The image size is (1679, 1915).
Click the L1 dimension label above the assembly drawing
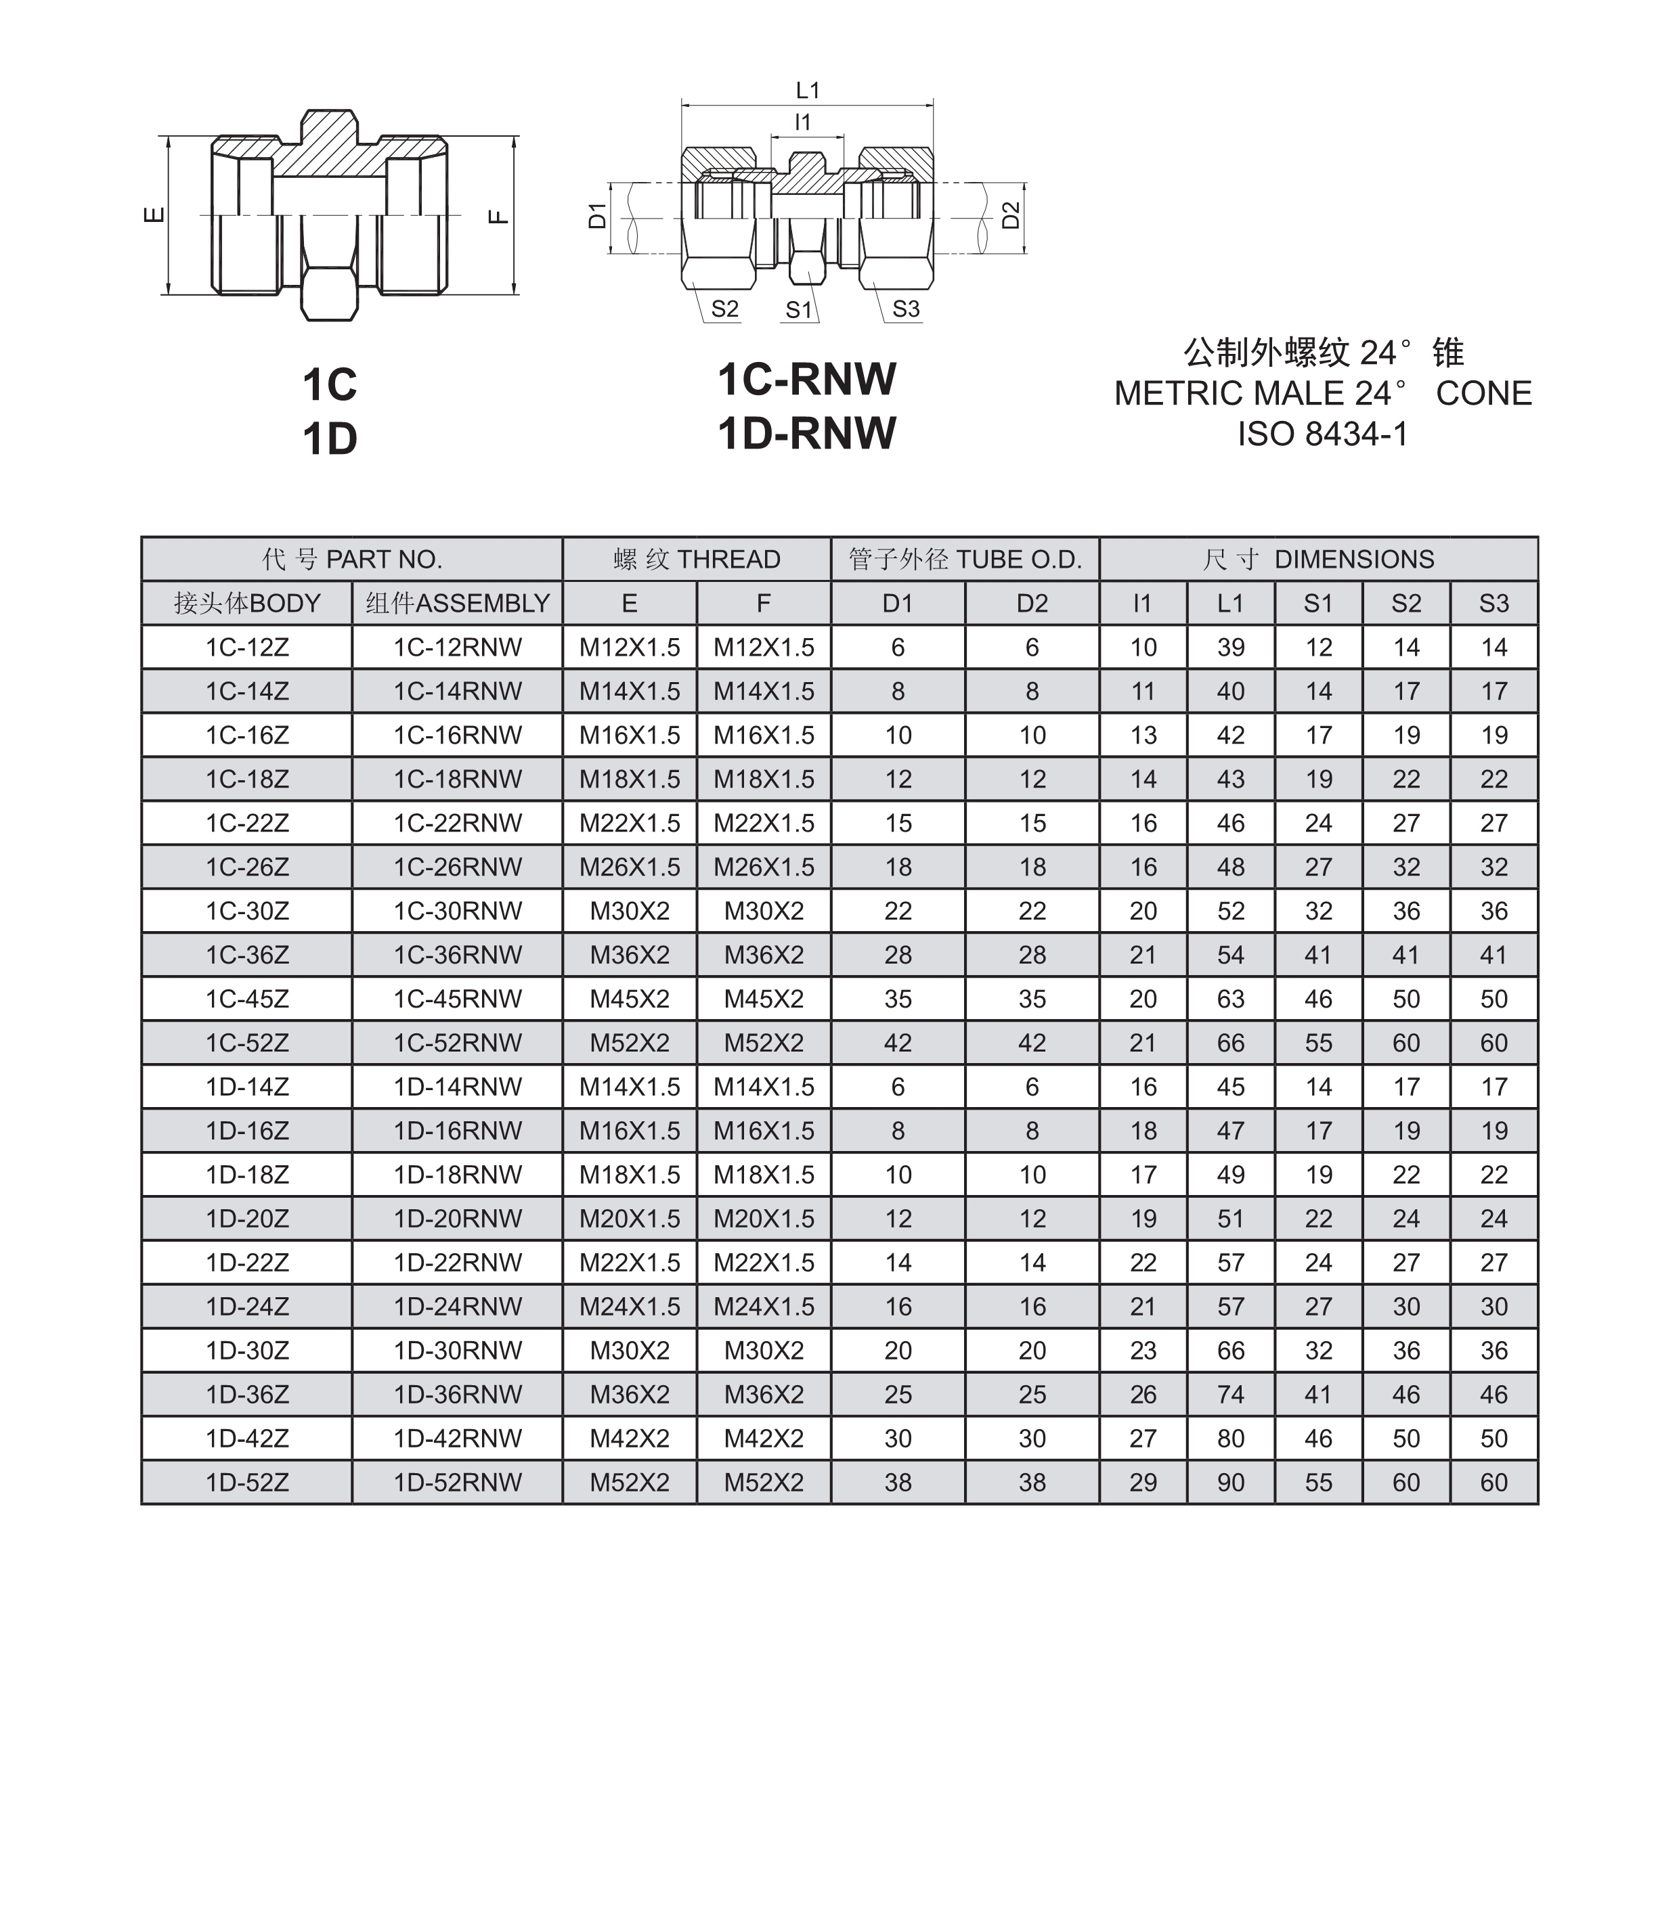click(807, 91)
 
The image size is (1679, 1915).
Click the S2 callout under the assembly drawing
click(724, 309)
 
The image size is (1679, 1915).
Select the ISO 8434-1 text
click(1322, 434)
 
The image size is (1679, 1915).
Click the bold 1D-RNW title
click(807, 434)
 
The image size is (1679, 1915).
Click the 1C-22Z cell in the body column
click(247, 823)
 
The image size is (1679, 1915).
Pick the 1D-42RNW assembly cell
click(457, 1439)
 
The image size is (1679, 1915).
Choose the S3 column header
click(1493, 603)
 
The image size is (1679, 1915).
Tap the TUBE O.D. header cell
click(965, 559)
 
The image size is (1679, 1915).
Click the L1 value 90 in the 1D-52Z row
click(1230, 1483)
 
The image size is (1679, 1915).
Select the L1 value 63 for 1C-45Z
click(1230, 999)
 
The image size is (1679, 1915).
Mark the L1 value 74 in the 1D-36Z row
click(1230, 1395)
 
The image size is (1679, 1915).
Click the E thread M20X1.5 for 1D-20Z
click(630, 1218)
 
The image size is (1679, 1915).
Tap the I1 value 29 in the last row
click(1143, 1483)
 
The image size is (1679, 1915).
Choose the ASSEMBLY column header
click(457, 603)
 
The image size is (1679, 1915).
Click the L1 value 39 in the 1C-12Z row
click(1230, 647)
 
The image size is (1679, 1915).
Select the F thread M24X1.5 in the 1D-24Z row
click(764, 1306)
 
